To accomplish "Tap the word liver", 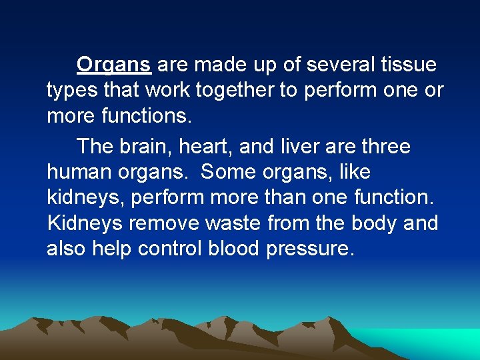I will (314, 147).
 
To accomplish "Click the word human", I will (79, 172).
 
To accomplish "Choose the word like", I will (354, 172).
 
